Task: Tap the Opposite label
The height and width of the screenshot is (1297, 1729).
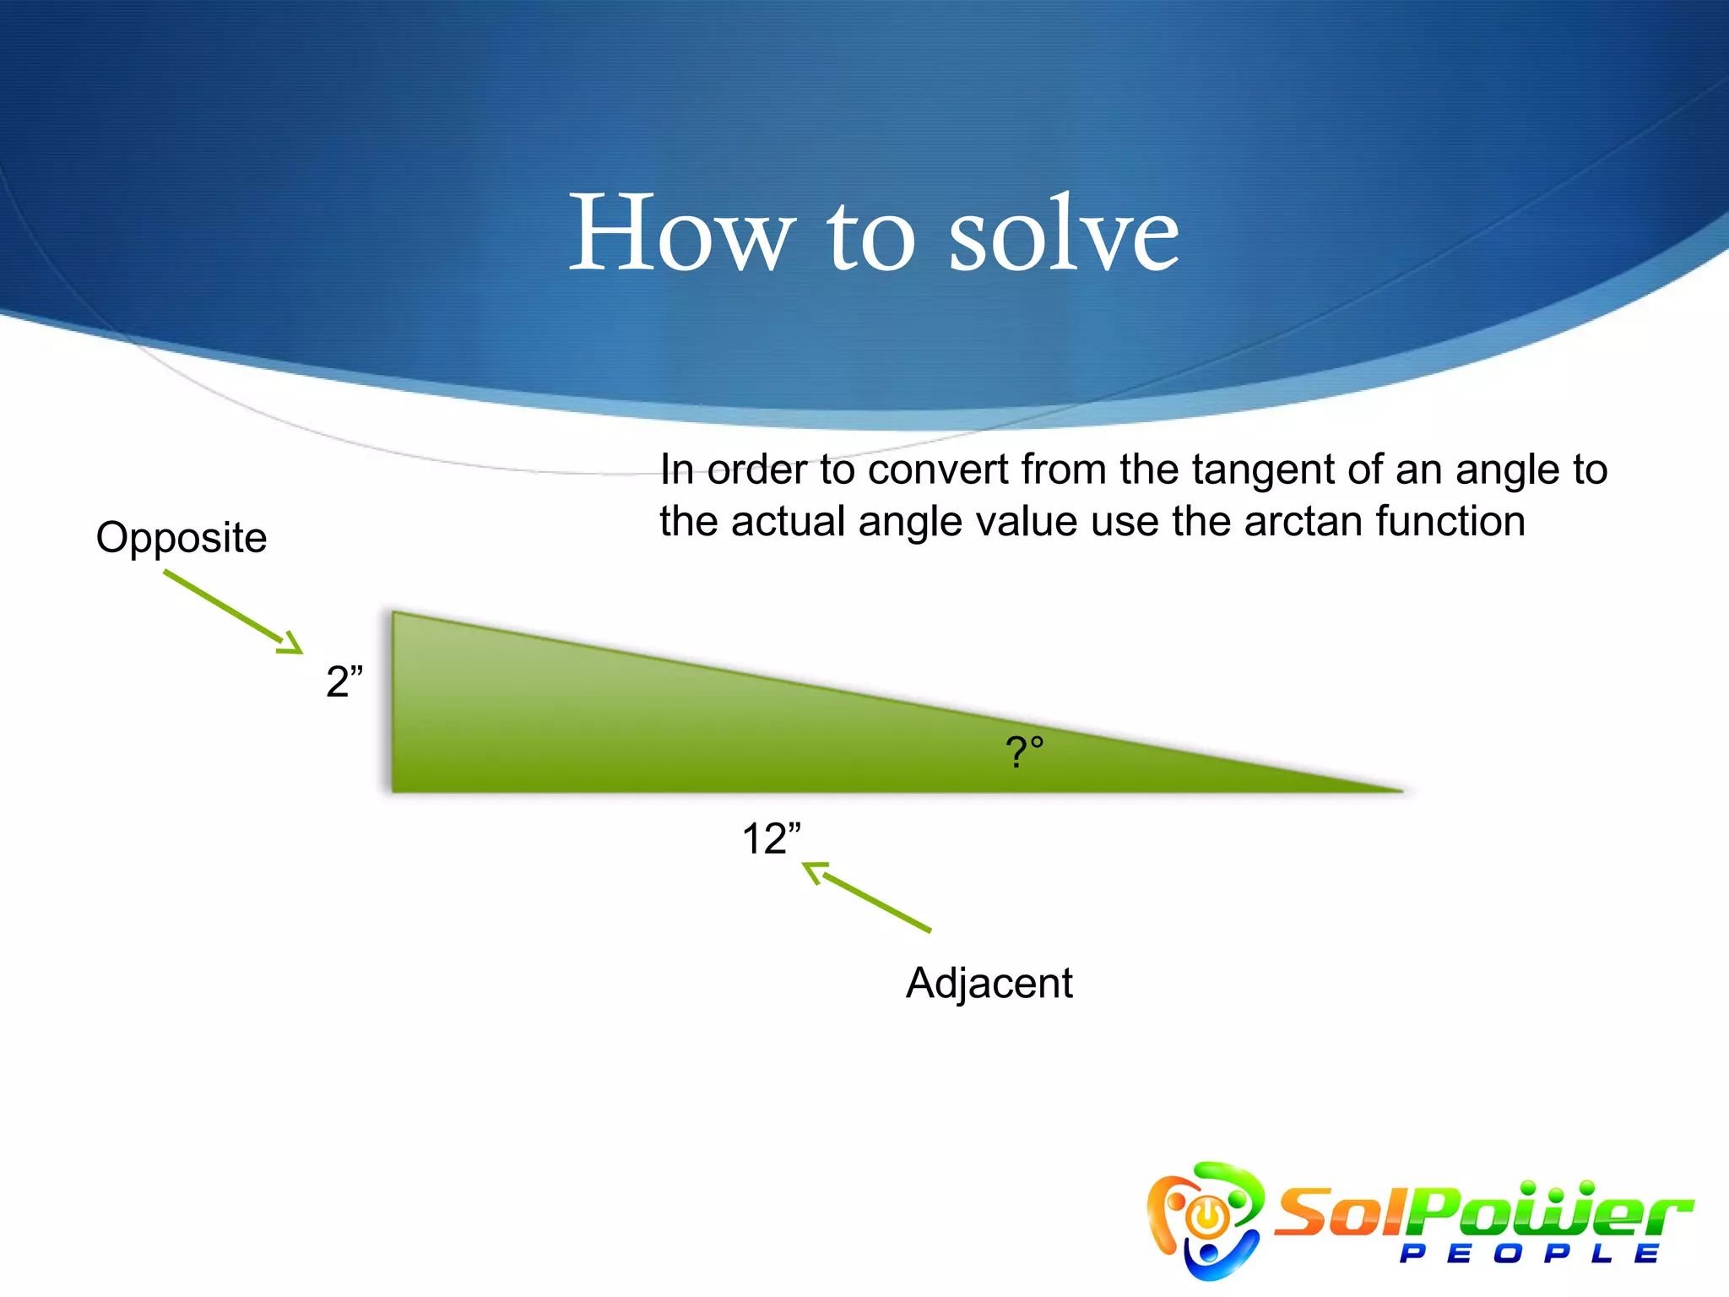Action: [x=182, y=538]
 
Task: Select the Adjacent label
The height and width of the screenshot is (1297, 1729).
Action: [x=989, y=983]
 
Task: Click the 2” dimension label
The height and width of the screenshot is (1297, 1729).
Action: [x=344, y=681]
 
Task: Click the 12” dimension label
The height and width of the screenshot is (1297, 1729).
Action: [x=771, y=839]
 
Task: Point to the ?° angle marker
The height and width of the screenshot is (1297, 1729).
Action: [x=1024, y=751]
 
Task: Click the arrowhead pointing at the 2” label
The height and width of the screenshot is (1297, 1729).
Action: [x=293, y=645]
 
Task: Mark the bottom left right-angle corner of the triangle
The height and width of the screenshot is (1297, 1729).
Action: [x=395, y=790]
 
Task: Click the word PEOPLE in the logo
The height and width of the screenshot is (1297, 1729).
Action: [x=1529, y=1254]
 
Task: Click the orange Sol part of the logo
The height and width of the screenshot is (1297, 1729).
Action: [x=1342, y=1213]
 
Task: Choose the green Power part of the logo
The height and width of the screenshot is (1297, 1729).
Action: [x=1553, y=1213]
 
